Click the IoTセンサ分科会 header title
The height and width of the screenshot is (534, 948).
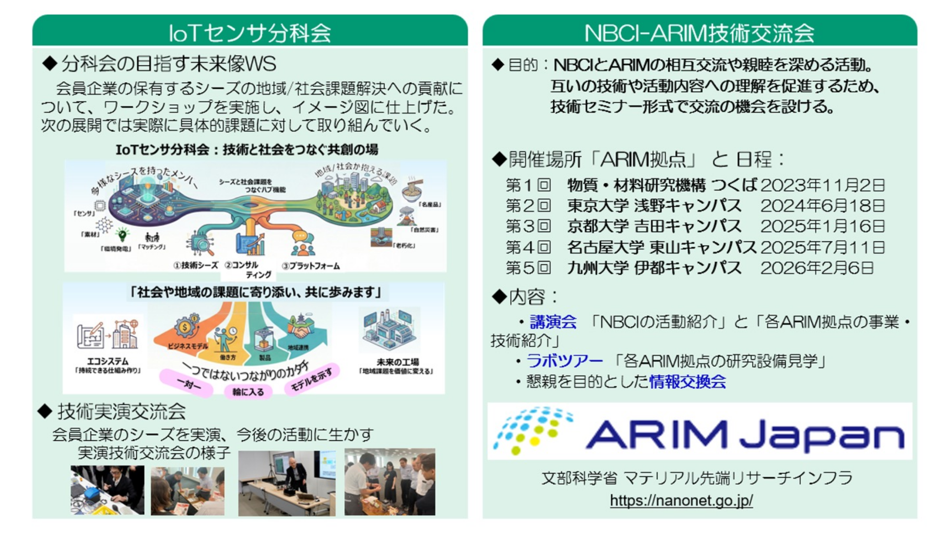250,32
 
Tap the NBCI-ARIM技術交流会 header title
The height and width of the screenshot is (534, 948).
699,32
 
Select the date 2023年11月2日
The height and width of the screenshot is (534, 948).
822,185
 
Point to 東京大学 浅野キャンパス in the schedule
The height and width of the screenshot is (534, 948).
654,206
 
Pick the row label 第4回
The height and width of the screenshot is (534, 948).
528,247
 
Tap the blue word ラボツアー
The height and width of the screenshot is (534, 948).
564,361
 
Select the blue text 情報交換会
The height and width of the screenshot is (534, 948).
687,382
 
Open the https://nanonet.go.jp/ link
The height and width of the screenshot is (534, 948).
681,501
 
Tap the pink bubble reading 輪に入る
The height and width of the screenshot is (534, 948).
248,392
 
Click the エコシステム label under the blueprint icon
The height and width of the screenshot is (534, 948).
108,361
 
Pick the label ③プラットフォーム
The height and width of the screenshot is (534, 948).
311,266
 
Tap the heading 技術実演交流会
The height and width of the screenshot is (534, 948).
121,411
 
